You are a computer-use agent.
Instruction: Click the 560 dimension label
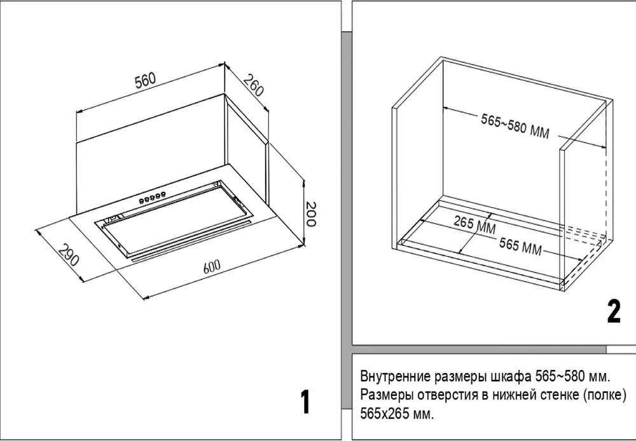click(144, 81)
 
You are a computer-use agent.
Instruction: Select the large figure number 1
click(305, 402)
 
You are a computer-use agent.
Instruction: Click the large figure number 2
click(613, 311)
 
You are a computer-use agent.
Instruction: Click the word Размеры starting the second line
click(385, 395)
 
